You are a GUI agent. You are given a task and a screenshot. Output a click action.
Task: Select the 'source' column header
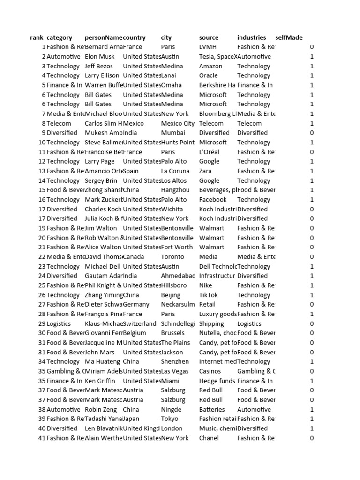pyautogui.click(x=209, y=37)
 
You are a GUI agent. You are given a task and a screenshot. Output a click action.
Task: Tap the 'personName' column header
pyautogui.click(x=103, y=37)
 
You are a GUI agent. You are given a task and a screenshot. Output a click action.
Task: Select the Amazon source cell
pyautogui.click(x=210, y=66)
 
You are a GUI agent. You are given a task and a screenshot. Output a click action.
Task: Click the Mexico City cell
pyautogui.click(x=177, y=123)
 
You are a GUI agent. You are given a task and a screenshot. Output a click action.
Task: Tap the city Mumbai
pyautogui.click(x=172, y=133)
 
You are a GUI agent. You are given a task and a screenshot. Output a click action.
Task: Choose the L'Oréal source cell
pyautogui.click(x=209, y=152)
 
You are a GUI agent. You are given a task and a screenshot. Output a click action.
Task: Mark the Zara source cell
pyautogui.click(x=207, y=171)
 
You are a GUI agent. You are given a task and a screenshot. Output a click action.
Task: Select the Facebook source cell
pyautogui.click(x=212, y=199)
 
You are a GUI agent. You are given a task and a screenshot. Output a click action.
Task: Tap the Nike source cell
pyautogui.click(x=205, y=285)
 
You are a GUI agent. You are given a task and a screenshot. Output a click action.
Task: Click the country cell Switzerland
pyautogui.click(x=140, y=323)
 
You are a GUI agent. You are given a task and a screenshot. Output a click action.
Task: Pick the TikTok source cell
pyautogui.click(x=209, y=295)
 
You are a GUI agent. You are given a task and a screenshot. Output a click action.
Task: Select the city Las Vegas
pyautogui.click(x=174, y=371)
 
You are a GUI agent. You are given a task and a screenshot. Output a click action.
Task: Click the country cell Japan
pyautogui.click(x=131, y=419)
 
